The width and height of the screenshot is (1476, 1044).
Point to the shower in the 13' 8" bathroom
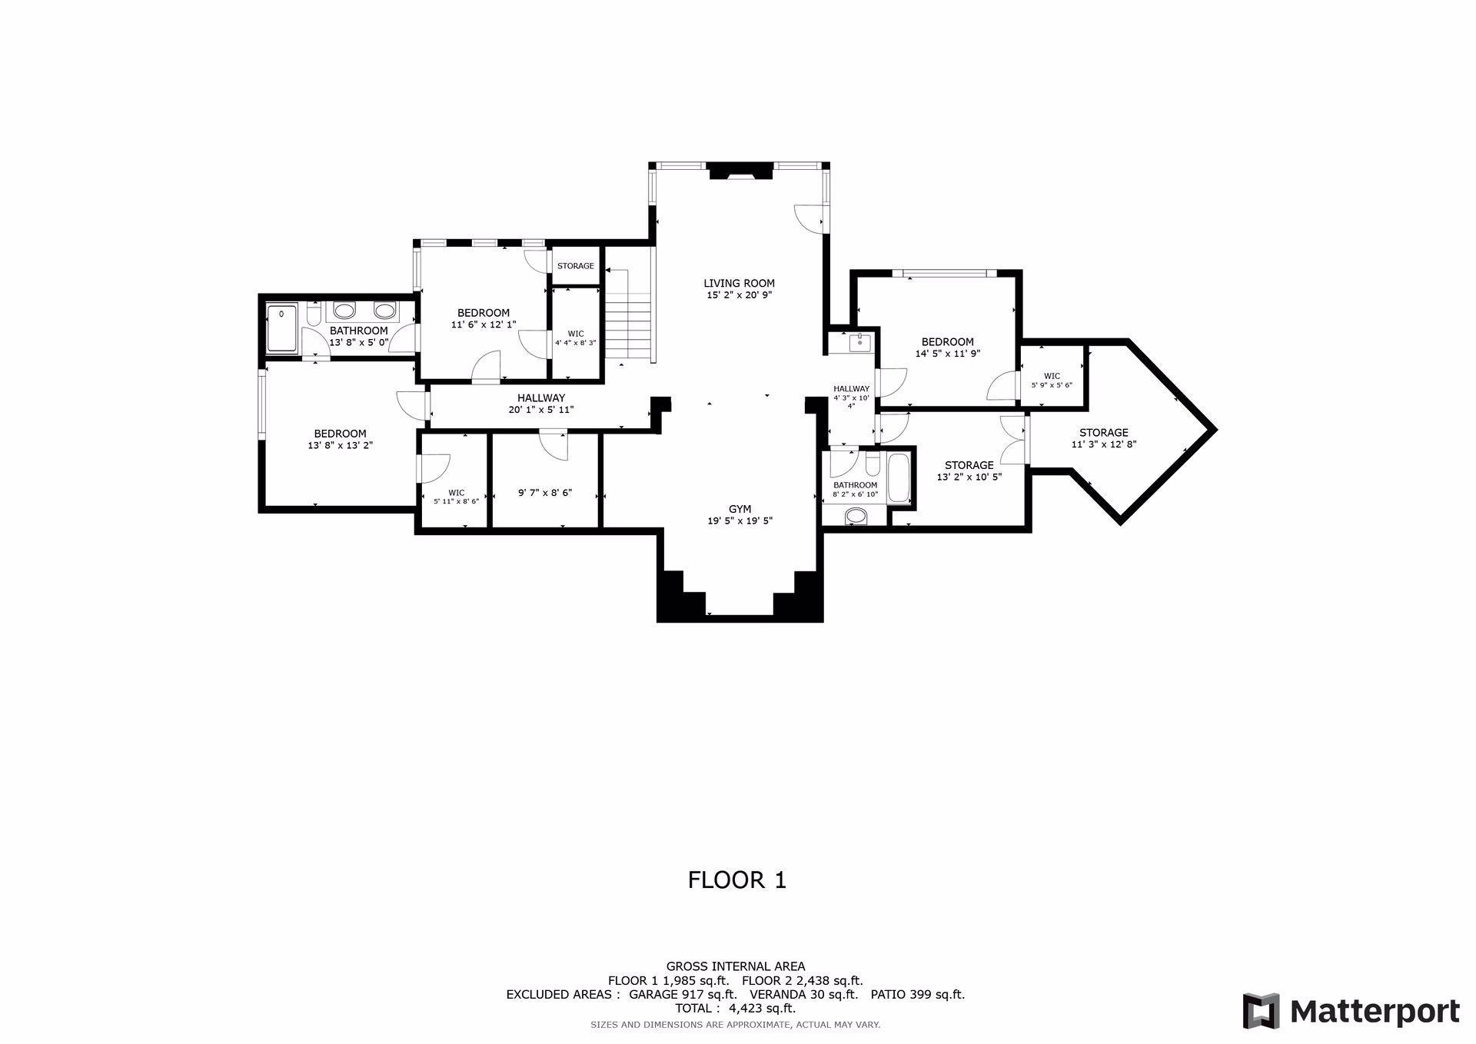tap(282, 328)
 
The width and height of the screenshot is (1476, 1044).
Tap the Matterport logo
tap(1351, 1011)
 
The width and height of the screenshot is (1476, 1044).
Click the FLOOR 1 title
tap(737, 879)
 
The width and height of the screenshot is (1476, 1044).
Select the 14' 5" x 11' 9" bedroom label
tap(947, 347)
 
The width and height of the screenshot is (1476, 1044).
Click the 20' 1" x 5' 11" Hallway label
tap(541, 404)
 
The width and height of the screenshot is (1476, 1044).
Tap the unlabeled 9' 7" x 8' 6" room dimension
tap(545, 493)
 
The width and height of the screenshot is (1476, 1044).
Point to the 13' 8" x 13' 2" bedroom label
tap(340, 439)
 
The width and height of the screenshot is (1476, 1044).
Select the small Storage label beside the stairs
tap(576, 266)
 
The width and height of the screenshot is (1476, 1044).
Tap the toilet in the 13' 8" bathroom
tap(313, 315)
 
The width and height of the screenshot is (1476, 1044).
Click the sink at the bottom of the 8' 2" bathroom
tap(855, 517)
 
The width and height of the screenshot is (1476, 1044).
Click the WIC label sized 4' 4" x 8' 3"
tap(576, 338)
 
